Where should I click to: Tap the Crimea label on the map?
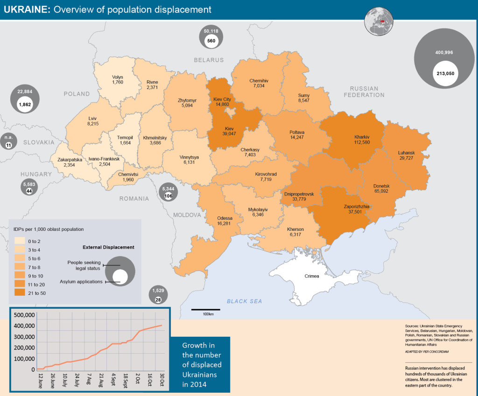(311, 276)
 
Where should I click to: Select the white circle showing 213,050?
(446, 74)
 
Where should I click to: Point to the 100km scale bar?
(206, 310)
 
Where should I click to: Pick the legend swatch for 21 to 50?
(21, 293)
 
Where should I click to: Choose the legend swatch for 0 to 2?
(21, 241)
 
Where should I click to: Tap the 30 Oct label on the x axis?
(162, 381)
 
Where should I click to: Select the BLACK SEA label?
(244, 301)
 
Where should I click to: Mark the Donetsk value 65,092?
(381, 191)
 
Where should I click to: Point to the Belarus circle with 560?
(211, 41)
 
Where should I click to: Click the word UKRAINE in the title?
(27, 9)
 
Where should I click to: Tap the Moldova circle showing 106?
(168, 196)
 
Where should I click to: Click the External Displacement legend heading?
(108, 247)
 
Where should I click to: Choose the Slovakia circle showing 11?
(8, 146)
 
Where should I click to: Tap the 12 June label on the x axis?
(41, 381)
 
